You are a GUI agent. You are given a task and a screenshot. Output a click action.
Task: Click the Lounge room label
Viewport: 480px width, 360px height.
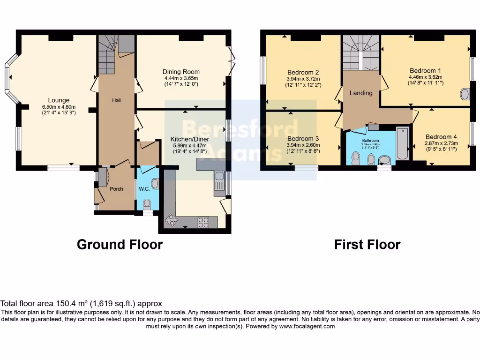(59, 100)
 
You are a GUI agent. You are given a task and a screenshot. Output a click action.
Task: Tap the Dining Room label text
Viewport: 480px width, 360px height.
(180, 72)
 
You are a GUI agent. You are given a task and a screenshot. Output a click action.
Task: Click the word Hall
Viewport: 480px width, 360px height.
(116, 100)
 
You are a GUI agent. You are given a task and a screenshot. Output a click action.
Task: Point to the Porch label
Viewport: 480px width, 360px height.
(116, 189)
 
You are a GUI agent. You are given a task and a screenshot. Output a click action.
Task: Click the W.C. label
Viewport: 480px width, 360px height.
(143, 189)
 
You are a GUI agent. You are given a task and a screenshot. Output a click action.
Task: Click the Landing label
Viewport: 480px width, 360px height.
(361, 93)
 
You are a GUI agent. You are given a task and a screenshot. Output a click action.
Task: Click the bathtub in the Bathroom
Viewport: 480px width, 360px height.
(402, 143)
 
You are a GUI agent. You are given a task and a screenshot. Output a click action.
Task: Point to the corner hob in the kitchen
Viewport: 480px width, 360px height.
(172, 220)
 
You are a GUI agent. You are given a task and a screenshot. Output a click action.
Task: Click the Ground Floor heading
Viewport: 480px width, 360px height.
(120, 245)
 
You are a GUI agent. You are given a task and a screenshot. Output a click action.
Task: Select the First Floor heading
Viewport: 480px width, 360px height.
(367, 245)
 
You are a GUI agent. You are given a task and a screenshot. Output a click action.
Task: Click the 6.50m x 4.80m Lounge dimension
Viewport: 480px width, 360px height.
(59, 106)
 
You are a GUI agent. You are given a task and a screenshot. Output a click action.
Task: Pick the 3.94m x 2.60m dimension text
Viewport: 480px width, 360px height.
(303, 145)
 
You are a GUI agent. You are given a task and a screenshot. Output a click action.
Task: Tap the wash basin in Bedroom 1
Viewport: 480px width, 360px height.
(465, 94)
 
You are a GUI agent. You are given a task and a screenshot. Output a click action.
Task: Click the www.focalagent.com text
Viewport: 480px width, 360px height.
(307, 326)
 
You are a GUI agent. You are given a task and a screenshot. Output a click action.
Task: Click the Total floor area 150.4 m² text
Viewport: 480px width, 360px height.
(81, 304)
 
